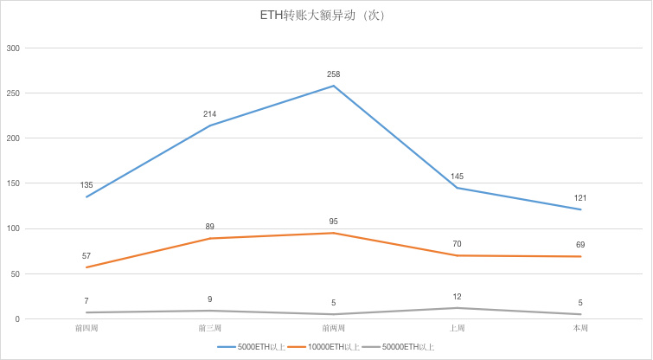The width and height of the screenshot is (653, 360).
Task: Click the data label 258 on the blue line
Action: click(x=333, y=74)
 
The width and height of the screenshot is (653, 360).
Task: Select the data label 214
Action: click(x=209, y=114)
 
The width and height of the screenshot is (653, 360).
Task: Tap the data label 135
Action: click(x=86, y=185)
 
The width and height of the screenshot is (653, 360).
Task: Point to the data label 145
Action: click(x=457, y=177)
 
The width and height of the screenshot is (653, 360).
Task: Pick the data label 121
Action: click(x=579, y=198)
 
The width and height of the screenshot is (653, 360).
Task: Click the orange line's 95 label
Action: click(x=333, y=222)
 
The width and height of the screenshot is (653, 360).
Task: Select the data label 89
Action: click(x=209, y=227)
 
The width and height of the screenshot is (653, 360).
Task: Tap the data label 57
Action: click(x=86, y=256)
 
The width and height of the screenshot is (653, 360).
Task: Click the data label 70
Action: click(x=457, y=244)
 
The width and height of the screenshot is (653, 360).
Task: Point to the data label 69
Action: click(x=579, y=245)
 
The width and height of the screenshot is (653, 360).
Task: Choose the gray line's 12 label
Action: click(x=457, y=297)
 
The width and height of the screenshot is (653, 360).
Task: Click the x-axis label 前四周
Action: click(x=86, y=329)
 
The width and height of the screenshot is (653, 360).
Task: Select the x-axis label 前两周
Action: click(x=333, y=329)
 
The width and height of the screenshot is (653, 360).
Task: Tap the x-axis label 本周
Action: click(x=579, y=329)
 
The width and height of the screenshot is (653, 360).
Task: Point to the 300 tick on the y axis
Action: click(x=13, y=48)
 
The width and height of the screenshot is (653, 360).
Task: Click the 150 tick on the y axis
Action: click(x=13, y=183)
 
